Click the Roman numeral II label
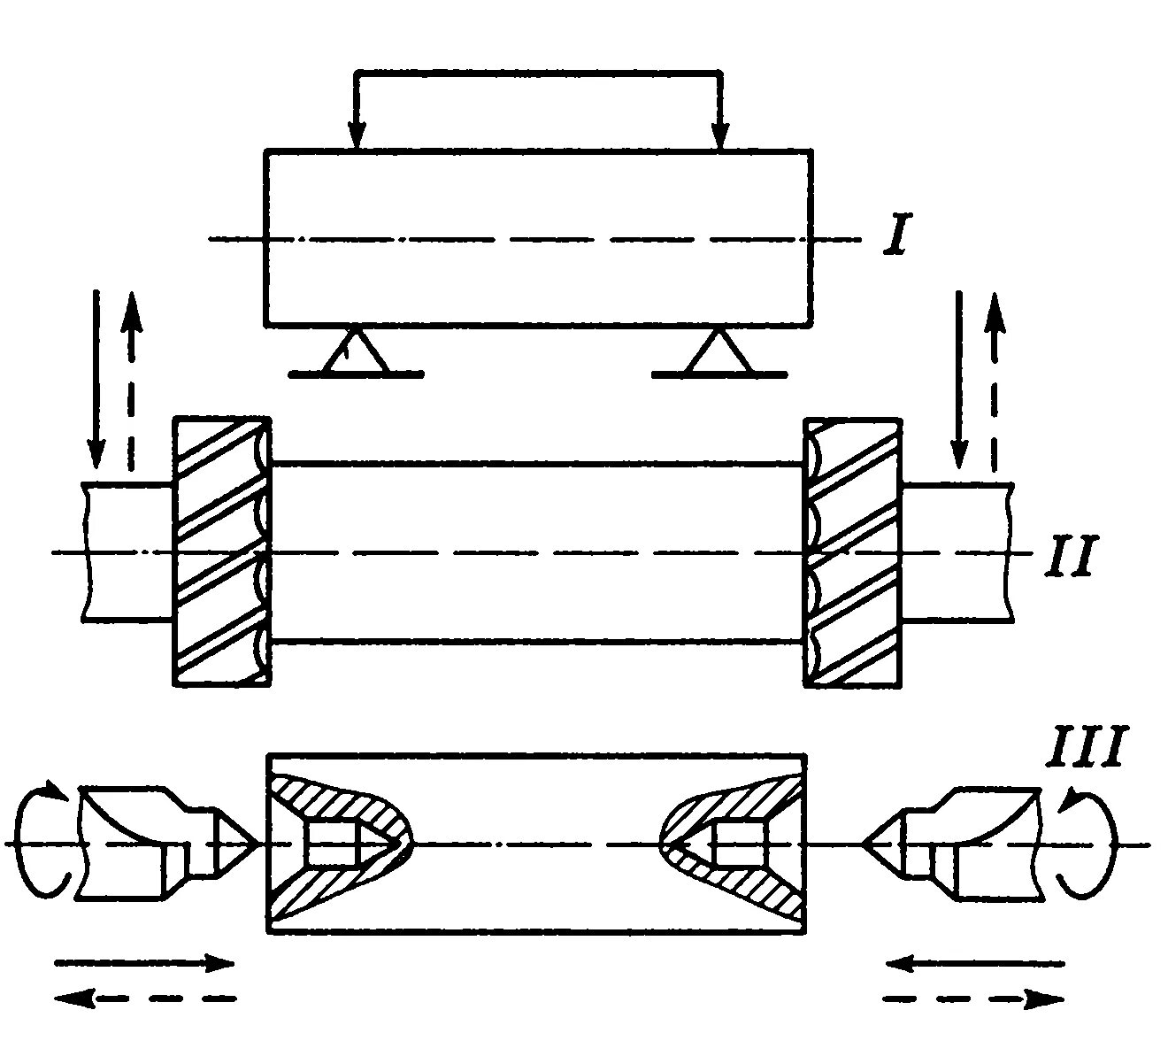pyautogui.click(x=1072, y=555)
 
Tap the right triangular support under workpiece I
pyautogui.click(x=719, y=354)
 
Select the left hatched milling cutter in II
pyautogui.click(x=221, y=551)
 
